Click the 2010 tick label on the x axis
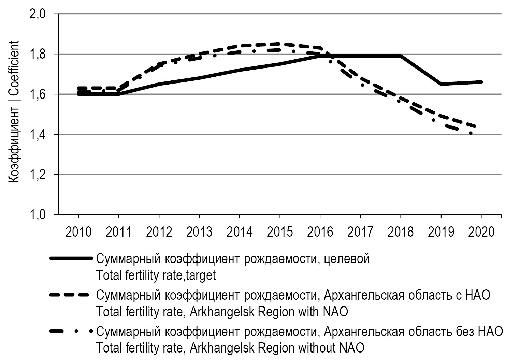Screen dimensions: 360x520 [x=78, y=232]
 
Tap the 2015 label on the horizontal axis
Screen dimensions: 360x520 [x=280, y=232]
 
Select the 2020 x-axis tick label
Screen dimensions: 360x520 [x=481, y=232]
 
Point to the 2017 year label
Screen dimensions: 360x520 [x=360, y=232]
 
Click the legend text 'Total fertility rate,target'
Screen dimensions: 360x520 [x=156, y=275]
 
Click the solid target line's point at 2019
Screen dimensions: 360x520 [x=441, y=84]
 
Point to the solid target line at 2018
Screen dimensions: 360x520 [x=401, y=56]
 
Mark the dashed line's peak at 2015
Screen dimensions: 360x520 [x=280, y=44]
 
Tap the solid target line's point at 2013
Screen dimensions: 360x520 [x=199, y=78]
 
